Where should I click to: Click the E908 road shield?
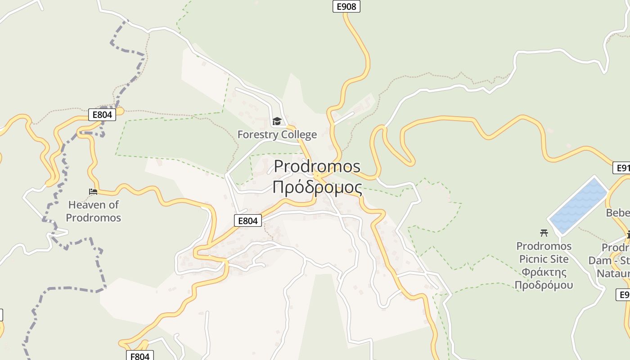coord(346,6)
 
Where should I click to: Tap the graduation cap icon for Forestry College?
coord(277,121)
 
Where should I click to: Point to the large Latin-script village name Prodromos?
coord(317,166)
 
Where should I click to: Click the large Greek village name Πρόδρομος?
coord(317,187)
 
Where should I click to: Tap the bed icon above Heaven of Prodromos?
coord(93,192)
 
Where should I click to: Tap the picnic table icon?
coord(544,233)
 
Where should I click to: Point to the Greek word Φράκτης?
coord(544,272)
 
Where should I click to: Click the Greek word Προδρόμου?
coord(544,285)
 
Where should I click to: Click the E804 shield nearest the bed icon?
coord(102,115)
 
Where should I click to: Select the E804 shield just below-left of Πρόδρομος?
coord(248,220)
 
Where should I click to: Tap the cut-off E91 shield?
coord(622,168)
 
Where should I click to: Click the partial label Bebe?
coord(618,212)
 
